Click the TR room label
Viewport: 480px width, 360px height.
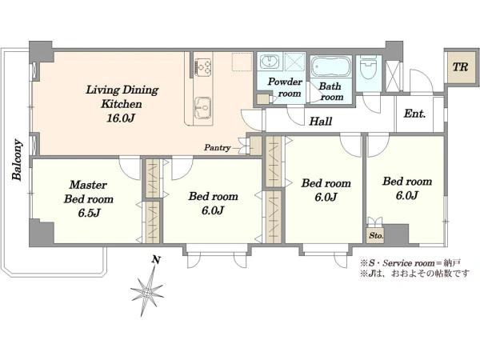pyautogui.click(x=460, y=67)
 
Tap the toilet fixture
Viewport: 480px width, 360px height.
pyautogui.click(x=368, y=67)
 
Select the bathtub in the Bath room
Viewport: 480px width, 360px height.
pyautogui.click(x=330, y=66)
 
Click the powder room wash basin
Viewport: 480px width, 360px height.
pyautogui.click(x=270, y=62)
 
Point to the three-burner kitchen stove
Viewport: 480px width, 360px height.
pyautogui.click(x=203, y=67)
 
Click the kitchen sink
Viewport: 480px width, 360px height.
pyautogui.click(x=203, y=107)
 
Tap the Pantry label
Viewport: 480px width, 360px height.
pyautogui.click(x=217, y=148)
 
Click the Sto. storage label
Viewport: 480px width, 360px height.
pyautogui.click(x=376, y=236)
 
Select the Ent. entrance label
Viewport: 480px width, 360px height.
pyautogui.click(x=414, y=114)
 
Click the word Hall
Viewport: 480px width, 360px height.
pyautogui.click(x=321, y=122)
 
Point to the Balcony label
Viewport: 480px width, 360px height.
pyautogui.click(x=17, y=160)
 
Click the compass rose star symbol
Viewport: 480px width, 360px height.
pyautogui.click(x=147, y=292)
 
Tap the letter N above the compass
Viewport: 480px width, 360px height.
pyautogui.click(x=156, y=260)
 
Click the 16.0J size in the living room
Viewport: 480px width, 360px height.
pyautogui.click(x=121, y=118)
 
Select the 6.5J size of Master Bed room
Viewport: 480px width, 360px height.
pyautogui.click(x=89, y=213)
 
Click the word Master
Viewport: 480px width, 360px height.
pyautogui.click(x=88, y=185)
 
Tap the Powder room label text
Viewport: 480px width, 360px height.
pyautogui.click(x=285, y=87)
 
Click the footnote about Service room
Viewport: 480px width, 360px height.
pyautogui.click(x=410, y=263)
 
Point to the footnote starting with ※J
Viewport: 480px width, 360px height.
pyautogui.click(x=414, y=273)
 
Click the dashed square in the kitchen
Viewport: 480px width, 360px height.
pyautogui.click(x=242, y=62)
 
